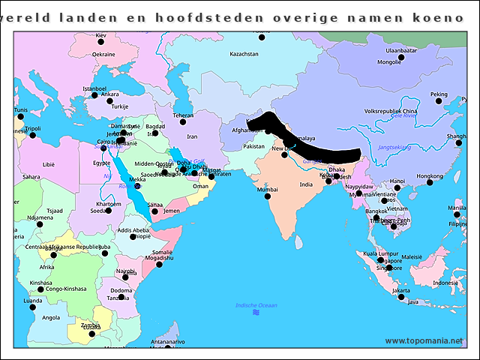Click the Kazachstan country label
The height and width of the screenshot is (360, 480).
click(244, 54)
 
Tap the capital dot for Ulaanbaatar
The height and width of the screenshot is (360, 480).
click(401, 57)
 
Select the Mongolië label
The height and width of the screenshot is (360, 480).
click(388, 62)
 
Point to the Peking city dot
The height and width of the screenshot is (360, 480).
click(439, 101)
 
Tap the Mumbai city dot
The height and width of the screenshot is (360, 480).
click(267, 196)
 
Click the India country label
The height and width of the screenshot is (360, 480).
click(306, 184)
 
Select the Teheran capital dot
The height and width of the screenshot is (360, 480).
click(182, 121)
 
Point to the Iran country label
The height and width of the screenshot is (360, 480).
click(192, 136)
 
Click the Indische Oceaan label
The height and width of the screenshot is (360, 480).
click(256, 305)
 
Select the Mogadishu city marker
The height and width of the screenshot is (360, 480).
click(158, 264)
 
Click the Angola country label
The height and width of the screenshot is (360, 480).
click(51, 317)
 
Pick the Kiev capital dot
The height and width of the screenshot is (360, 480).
click(101, 43)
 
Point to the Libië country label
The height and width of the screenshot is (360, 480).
click(49, 163)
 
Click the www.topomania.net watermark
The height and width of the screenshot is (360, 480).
click(424, 340)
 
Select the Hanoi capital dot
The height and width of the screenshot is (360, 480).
click(397, 188)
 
